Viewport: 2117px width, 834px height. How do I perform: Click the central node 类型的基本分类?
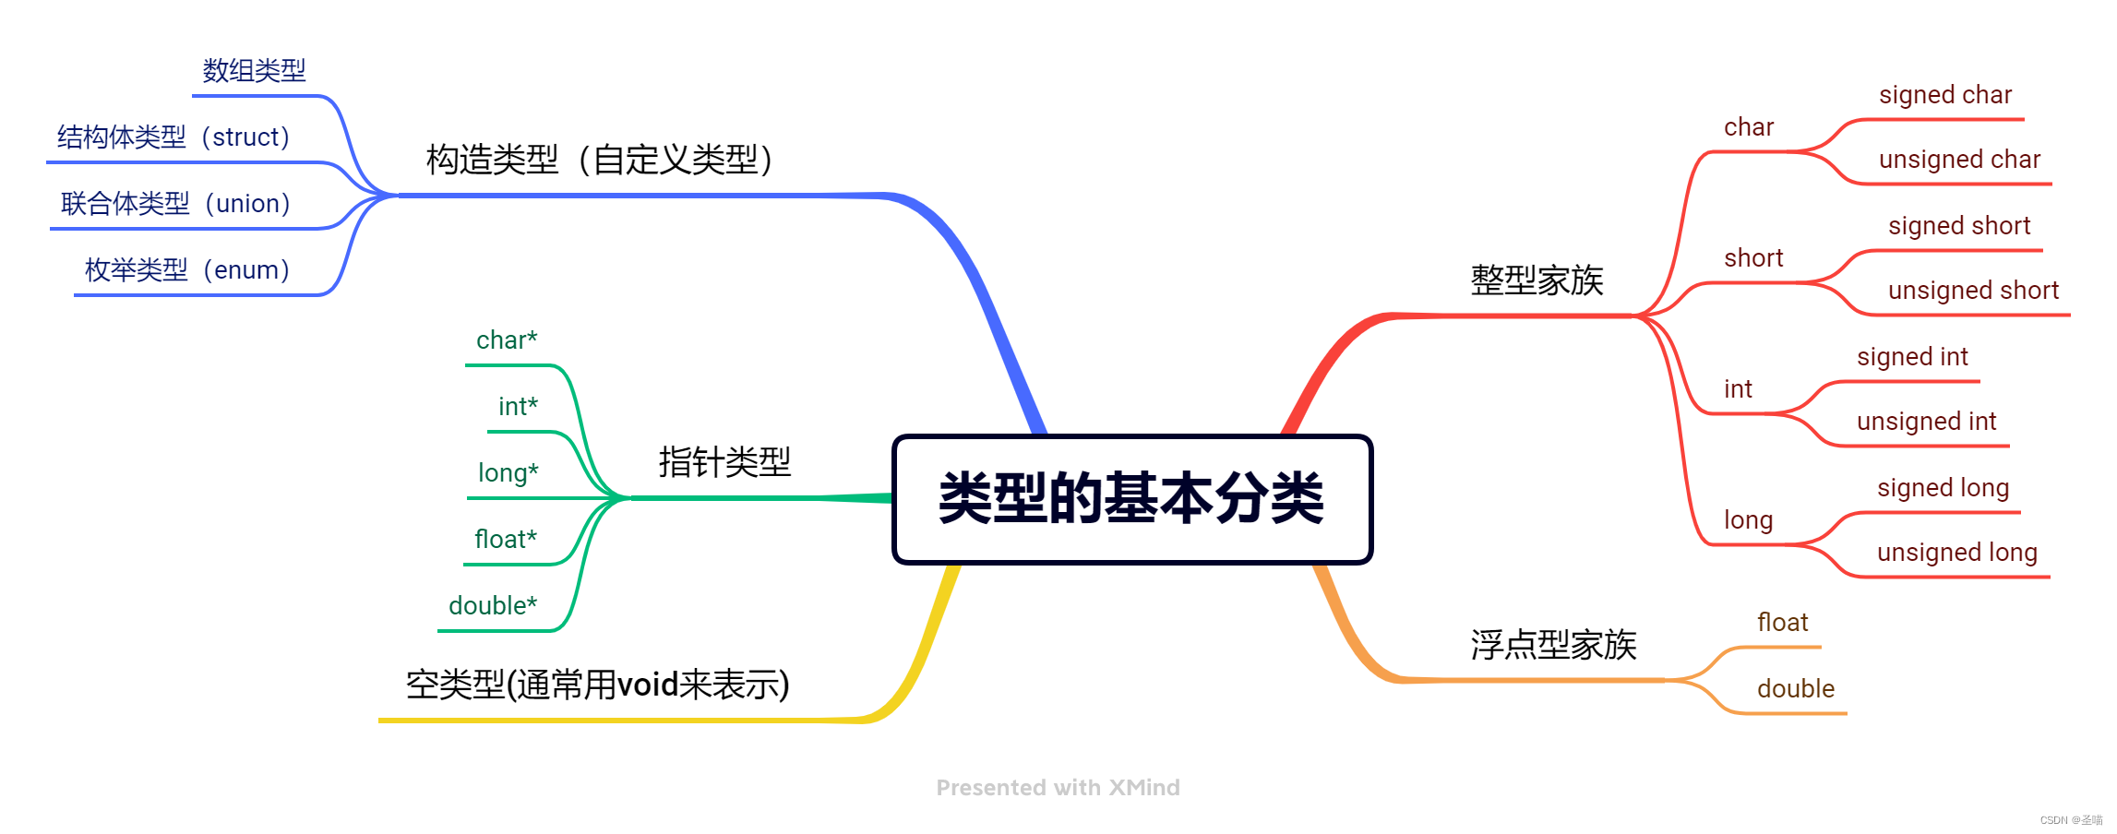tap(1131, 499)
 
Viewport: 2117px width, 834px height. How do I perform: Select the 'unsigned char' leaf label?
tap(1959, 160)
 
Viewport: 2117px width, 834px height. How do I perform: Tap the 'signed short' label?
tap(1959, 226)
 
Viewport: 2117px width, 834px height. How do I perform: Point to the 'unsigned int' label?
tap(1926, 422)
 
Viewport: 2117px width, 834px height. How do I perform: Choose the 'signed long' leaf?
tap(1943, 488)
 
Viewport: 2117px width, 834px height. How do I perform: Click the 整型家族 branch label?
tap(1537, 280)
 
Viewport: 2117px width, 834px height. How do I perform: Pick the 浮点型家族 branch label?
tap(1553, 645)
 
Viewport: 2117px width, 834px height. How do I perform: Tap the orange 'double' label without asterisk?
tap(1795, 689)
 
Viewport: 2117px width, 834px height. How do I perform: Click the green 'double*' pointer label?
tap(493, 606)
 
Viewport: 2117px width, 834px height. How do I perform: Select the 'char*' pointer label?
tap(507, 340)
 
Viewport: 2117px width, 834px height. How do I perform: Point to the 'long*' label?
tap(508, 473)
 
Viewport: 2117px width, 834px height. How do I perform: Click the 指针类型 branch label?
tap(724, 462)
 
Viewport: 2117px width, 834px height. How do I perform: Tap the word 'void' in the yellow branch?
tap(648, 685)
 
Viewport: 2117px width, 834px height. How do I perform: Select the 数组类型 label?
tap(254, 71)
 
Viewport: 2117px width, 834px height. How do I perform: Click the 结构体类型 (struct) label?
tap(173, 137)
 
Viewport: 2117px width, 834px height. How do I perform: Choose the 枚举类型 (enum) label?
tap(187, 270)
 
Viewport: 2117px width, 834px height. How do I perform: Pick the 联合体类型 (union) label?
tap(175, 204)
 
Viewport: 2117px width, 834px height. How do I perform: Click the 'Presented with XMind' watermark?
tap(1058, 788)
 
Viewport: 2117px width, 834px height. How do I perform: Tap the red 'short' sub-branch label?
tap(1753, 258)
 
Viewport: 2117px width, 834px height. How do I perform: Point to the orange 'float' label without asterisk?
tap(1782, 623)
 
